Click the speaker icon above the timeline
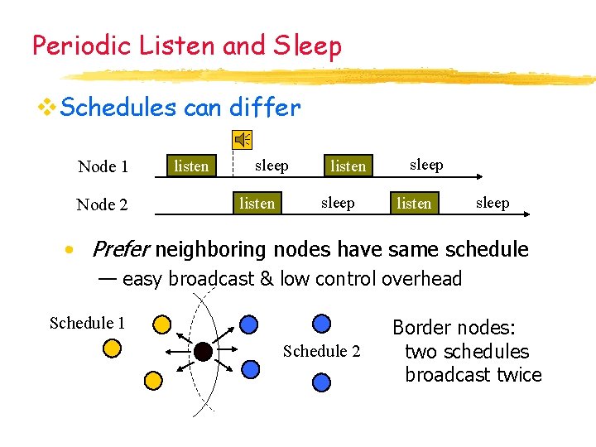click(x=243, y=140)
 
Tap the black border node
click(x=203, y=352)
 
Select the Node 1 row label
click(x=103, y=166)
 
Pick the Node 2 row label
click(x=102, y=204)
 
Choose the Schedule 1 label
click(x=87, y=323)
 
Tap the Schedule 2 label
click(x=321, y=351)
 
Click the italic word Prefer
click(x=120, y=249)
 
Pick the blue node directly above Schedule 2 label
click(x=321, y=324)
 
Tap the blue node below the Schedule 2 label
click(x=321, y=382)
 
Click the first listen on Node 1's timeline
click(x=191, y=166)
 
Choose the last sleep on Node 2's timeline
click(x=493, y=203)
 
